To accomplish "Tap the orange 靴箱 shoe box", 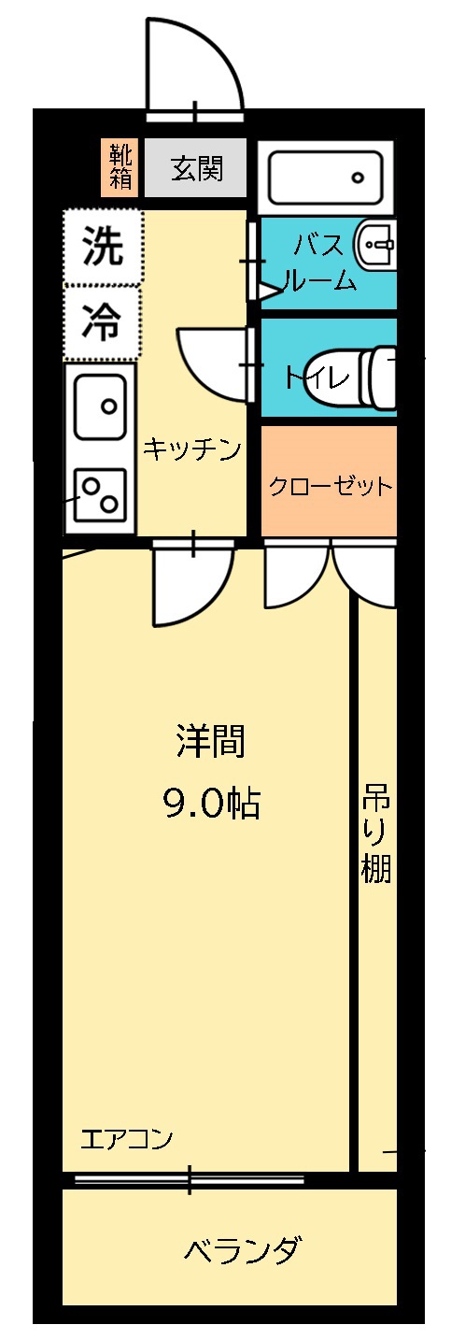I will [x=120, y=168].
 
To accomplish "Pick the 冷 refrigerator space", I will [x=103, y=323].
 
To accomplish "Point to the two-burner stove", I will [x=101, y=496].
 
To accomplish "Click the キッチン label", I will [x=192, y=449].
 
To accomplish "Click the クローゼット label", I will [x=329, y=487].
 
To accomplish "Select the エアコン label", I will [x=127, y=1139].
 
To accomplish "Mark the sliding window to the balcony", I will [x=190, y=1179].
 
